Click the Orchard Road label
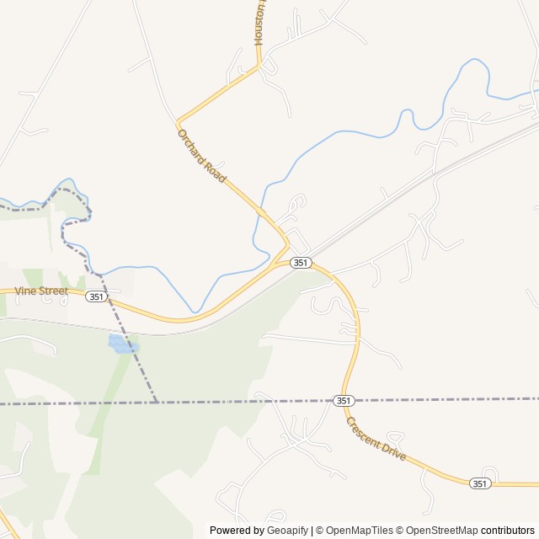pyautogui.click(x=202, y=157)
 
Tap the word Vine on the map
pyautogui.click(x=26, y=291)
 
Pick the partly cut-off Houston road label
pyautogui.click(x=259, y=24)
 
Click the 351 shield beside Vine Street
pyautogui.click(x=96, y=296)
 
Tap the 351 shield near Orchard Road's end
pyautogui.click(x=301, y=263)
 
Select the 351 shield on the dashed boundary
pyautogui.click(x=343, y=400)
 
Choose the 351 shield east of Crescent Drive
pyautogui.click(x=479, y=483)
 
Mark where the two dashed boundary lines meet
pyautogui.click(x=157, y=403)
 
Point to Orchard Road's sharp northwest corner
pyautogui.click(x=177, y=123)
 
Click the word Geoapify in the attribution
pyautogui.click(x=287, y=531)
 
